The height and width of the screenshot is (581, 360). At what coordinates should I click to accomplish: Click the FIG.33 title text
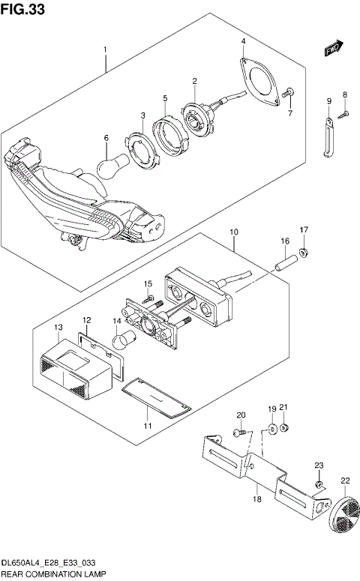click(22, 8)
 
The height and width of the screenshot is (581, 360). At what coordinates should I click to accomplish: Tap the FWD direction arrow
click(334, 48)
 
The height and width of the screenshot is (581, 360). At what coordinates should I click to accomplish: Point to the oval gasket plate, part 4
click(259, 79)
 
